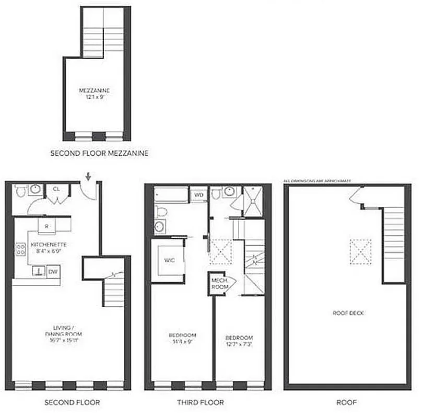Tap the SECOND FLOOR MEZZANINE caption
99,154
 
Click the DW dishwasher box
53,272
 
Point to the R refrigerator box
47,227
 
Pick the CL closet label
56,189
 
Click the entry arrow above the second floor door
88,177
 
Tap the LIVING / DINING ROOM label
65,330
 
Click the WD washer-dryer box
198,195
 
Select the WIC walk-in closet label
168,260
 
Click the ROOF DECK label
348,313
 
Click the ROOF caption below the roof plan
346,402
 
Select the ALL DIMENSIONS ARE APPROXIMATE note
317,181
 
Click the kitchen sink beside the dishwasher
38,271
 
